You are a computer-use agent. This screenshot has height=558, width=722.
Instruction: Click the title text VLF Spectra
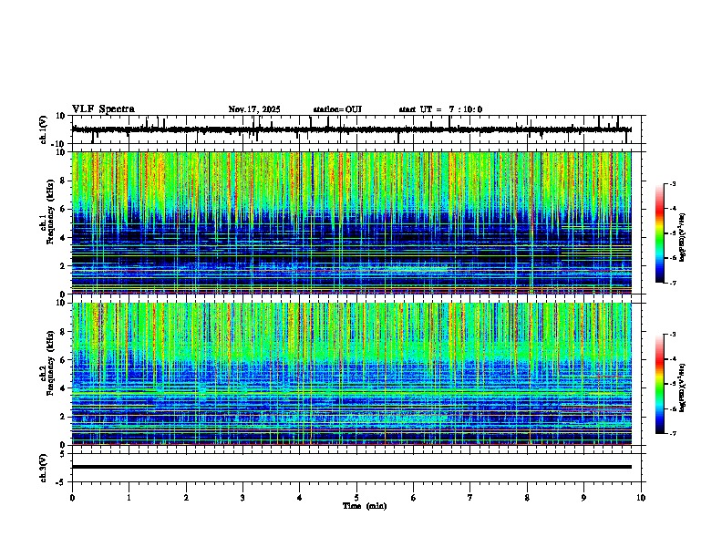pos(103,109)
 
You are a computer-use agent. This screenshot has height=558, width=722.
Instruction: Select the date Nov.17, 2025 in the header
pos(254,109)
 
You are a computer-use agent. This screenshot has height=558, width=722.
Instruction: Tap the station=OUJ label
pos(337,109)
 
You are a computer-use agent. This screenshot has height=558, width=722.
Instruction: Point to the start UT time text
pos(440,109)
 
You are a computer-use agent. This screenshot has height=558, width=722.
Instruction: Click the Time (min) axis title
pos(364,505)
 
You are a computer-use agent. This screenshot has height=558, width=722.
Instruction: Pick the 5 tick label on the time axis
pos(356,497)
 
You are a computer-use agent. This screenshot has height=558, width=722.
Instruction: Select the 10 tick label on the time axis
pos(641,497)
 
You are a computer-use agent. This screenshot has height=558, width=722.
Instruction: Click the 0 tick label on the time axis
pos(72,497)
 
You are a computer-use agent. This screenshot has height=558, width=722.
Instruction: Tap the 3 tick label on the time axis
pos(242,497)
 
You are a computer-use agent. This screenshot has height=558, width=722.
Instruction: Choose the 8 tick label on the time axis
pos(527,497)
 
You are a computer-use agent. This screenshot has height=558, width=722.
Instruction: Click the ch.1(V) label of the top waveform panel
pos(44,129)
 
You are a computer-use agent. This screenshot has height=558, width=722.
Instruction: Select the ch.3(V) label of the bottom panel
pos(44,467)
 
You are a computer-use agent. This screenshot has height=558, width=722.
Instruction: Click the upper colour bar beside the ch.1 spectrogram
pos(660,233)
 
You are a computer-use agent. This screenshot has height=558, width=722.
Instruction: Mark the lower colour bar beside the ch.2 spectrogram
pos(660,384)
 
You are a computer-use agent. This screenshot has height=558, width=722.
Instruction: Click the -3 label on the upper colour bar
pos(672,184)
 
